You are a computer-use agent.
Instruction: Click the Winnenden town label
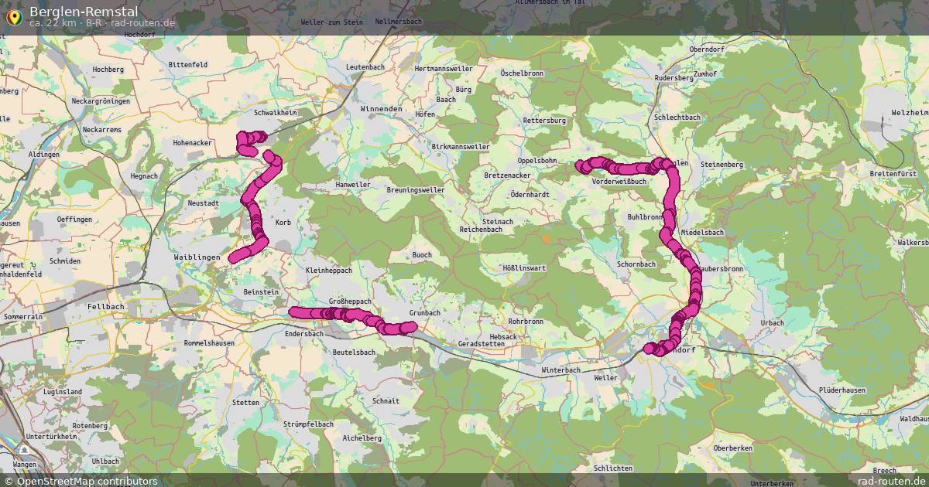(381, 109)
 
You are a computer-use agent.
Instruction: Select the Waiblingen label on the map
(197, 257)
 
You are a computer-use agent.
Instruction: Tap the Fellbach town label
(106, 307)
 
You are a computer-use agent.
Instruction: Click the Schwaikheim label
(276, 113)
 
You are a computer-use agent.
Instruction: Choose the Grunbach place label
(424, 313)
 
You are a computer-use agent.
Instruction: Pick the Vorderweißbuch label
(619, 182)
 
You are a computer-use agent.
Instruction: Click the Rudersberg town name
(674, 78)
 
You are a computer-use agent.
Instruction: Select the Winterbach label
(560, 370)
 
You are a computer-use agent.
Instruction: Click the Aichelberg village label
(362, 438)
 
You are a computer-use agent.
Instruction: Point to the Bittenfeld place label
(187, 64)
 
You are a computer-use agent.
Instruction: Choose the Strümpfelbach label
(308, 424)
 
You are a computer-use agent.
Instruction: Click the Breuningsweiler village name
(415, 189)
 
